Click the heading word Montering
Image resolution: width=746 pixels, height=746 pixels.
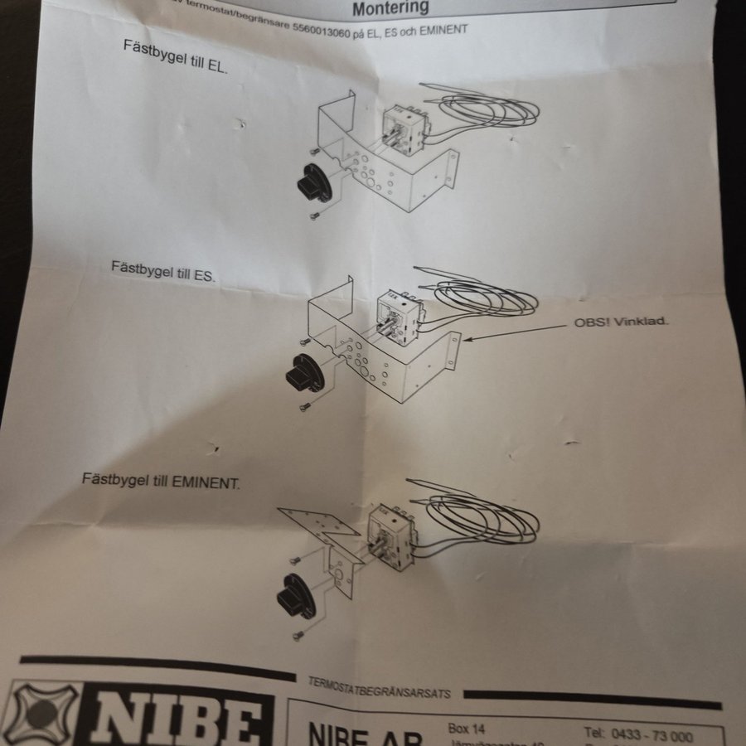(x=390, y=8)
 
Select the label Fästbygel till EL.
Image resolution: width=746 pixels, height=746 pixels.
(x=176, y=55)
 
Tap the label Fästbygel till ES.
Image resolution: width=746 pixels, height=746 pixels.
(x=163, y=270)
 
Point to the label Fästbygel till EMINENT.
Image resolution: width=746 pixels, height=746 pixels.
(x=161, y=480)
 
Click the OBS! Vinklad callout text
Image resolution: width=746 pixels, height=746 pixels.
(x=621, y=322)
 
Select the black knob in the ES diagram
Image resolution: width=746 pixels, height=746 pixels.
(x=303, y=375)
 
